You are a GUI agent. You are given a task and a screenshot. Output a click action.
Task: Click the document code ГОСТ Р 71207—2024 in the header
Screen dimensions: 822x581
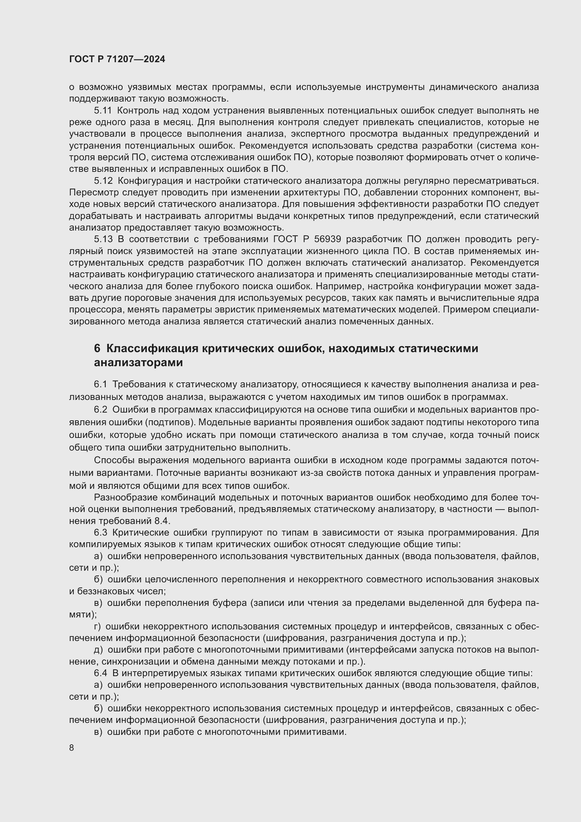[x=117, y=59]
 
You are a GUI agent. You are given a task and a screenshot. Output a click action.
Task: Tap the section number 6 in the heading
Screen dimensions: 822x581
[x=97, y=348]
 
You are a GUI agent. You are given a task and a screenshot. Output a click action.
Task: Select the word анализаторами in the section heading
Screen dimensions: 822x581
[x=138, y=363]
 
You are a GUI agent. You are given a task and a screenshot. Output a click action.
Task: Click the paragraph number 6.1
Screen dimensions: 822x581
[x=100, y=384]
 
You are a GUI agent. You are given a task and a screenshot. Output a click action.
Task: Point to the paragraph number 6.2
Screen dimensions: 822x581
[x=100, y=409]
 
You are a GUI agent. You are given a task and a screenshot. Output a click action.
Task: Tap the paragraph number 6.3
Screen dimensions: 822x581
[x=100, y=533]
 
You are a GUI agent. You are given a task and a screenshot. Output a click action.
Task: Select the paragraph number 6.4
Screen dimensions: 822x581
[x=100, y=673]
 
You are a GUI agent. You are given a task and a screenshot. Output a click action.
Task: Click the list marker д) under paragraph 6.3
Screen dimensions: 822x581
[x=98, y=650]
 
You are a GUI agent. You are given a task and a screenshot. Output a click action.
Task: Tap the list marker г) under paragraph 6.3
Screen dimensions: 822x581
[x=97, y=627]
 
